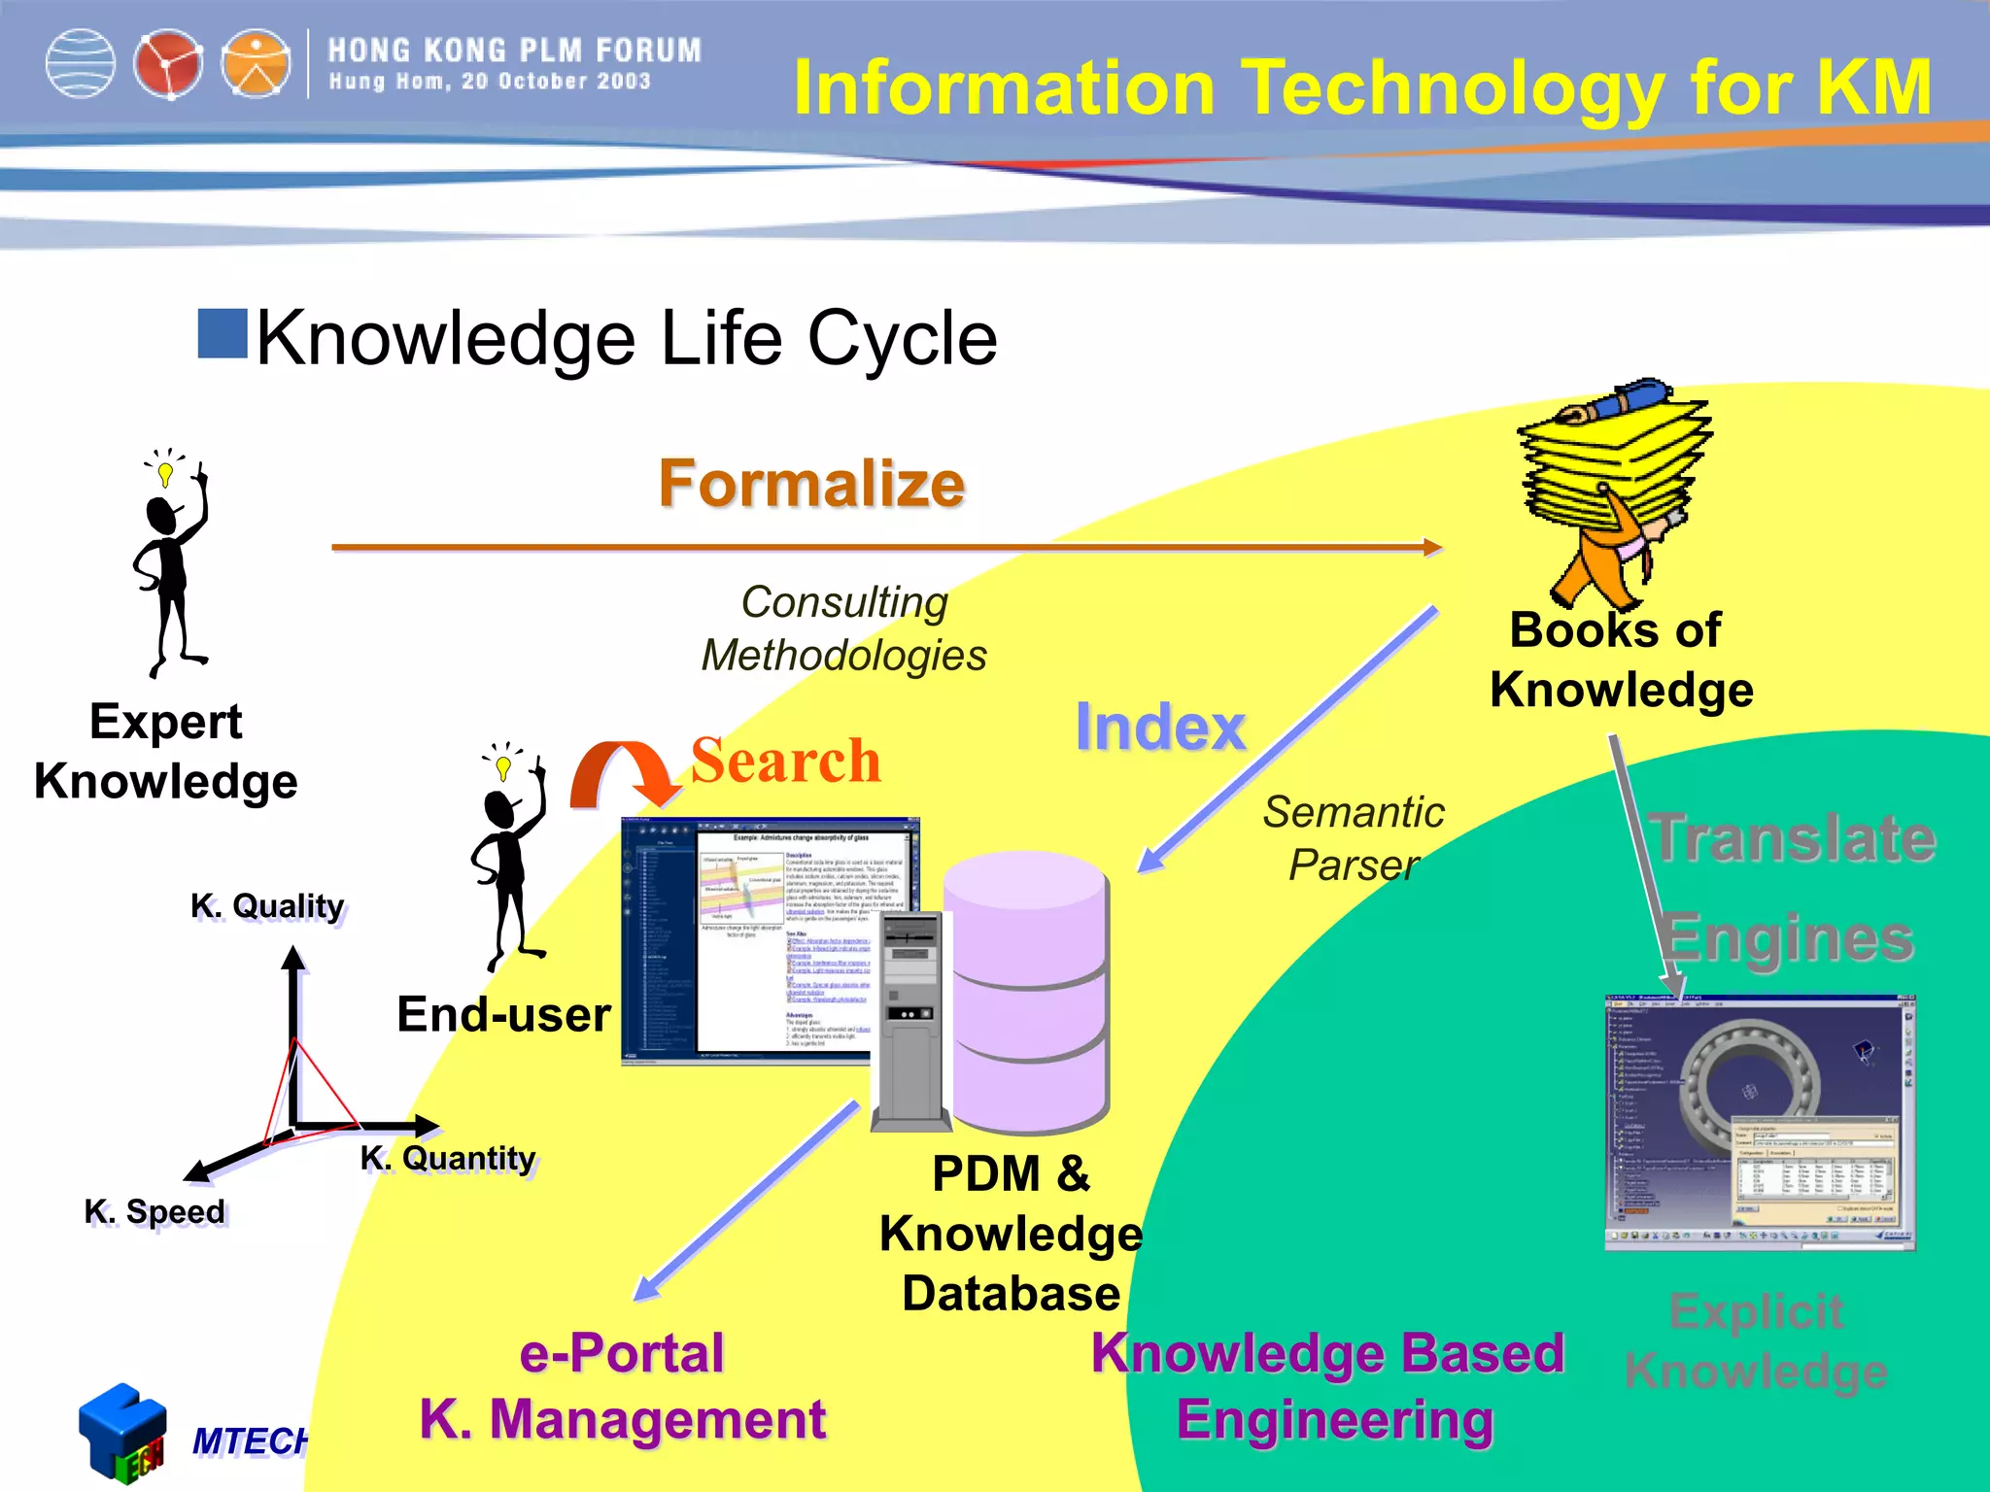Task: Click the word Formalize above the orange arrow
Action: point(811,484)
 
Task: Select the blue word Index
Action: point(1160,728)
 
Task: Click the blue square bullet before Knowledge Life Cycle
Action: point(223,333)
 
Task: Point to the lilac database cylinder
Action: point(1027,991)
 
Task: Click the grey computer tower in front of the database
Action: point(910,1020)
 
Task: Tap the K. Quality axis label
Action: point(267,906)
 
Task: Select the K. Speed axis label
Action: point(154,1212)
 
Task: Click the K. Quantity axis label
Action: point(448,1159)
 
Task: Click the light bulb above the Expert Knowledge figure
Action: point(165,473)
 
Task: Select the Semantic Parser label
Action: point(1354,838)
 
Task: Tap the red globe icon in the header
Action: point(168,65)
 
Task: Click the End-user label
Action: point(503,1015)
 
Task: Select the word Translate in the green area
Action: point(1794,838)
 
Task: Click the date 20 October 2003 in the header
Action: point(556,82)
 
